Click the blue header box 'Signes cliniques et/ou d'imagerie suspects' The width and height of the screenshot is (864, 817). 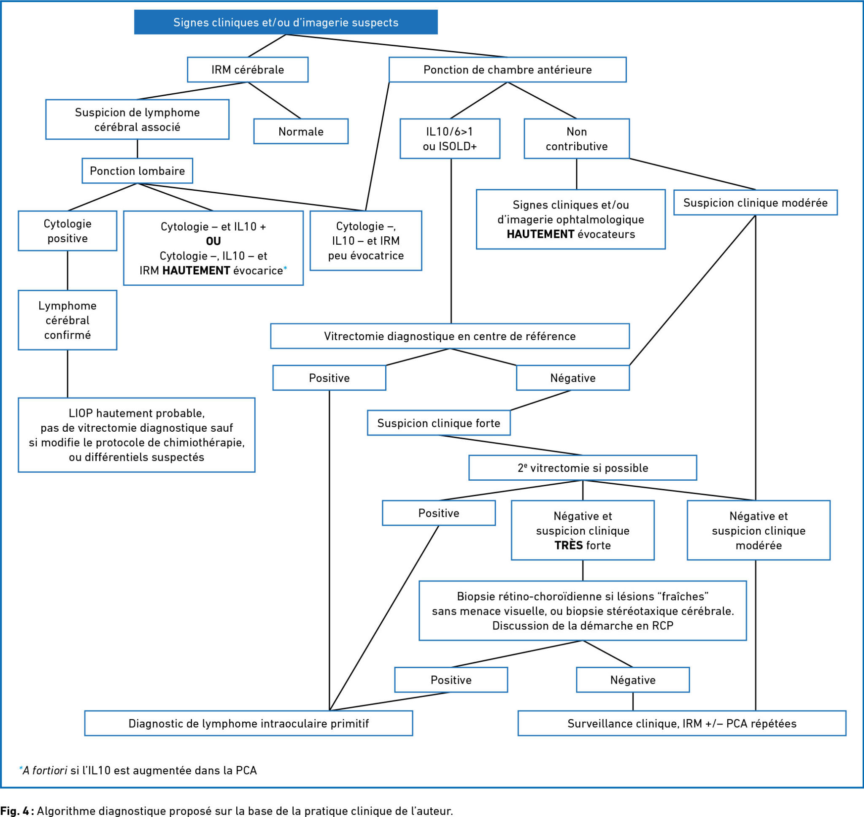coord(286,22)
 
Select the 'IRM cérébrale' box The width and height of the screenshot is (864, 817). coord(248,70)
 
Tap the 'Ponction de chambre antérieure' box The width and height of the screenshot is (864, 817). coord(508,70)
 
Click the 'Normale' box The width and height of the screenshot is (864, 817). coord(301,131)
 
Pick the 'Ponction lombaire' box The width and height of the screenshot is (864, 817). coord(137,171)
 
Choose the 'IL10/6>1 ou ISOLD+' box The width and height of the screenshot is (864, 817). coord(450,138)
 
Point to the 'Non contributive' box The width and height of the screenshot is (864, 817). coord(577,138)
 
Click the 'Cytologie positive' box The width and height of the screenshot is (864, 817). coord(67,231)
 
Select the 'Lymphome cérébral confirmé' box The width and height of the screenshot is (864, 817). coord(67,320)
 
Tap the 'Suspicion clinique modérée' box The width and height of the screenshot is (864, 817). coord(756,203)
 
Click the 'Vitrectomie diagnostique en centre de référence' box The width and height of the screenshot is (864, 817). coord(450,336)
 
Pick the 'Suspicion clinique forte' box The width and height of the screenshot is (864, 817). coord(439,423)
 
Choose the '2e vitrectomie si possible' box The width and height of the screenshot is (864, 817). coord(583,468)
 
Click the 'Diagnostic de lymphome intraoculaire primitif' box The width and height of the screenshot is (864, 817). coord(248,723)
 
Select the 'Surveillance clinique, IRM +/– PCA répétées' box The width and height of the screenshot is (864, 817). coord(682,723)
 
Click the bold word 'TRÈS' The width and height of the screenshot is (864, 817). coord(568,545)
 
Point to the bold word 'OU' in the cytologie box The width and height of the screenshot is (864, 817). coord(213,241)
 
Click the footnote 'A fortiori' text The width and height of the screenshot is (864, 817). coord(45,771)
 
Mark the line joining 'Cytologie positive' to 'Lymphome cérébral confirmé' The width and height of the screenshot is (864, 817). coord(67,271)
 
